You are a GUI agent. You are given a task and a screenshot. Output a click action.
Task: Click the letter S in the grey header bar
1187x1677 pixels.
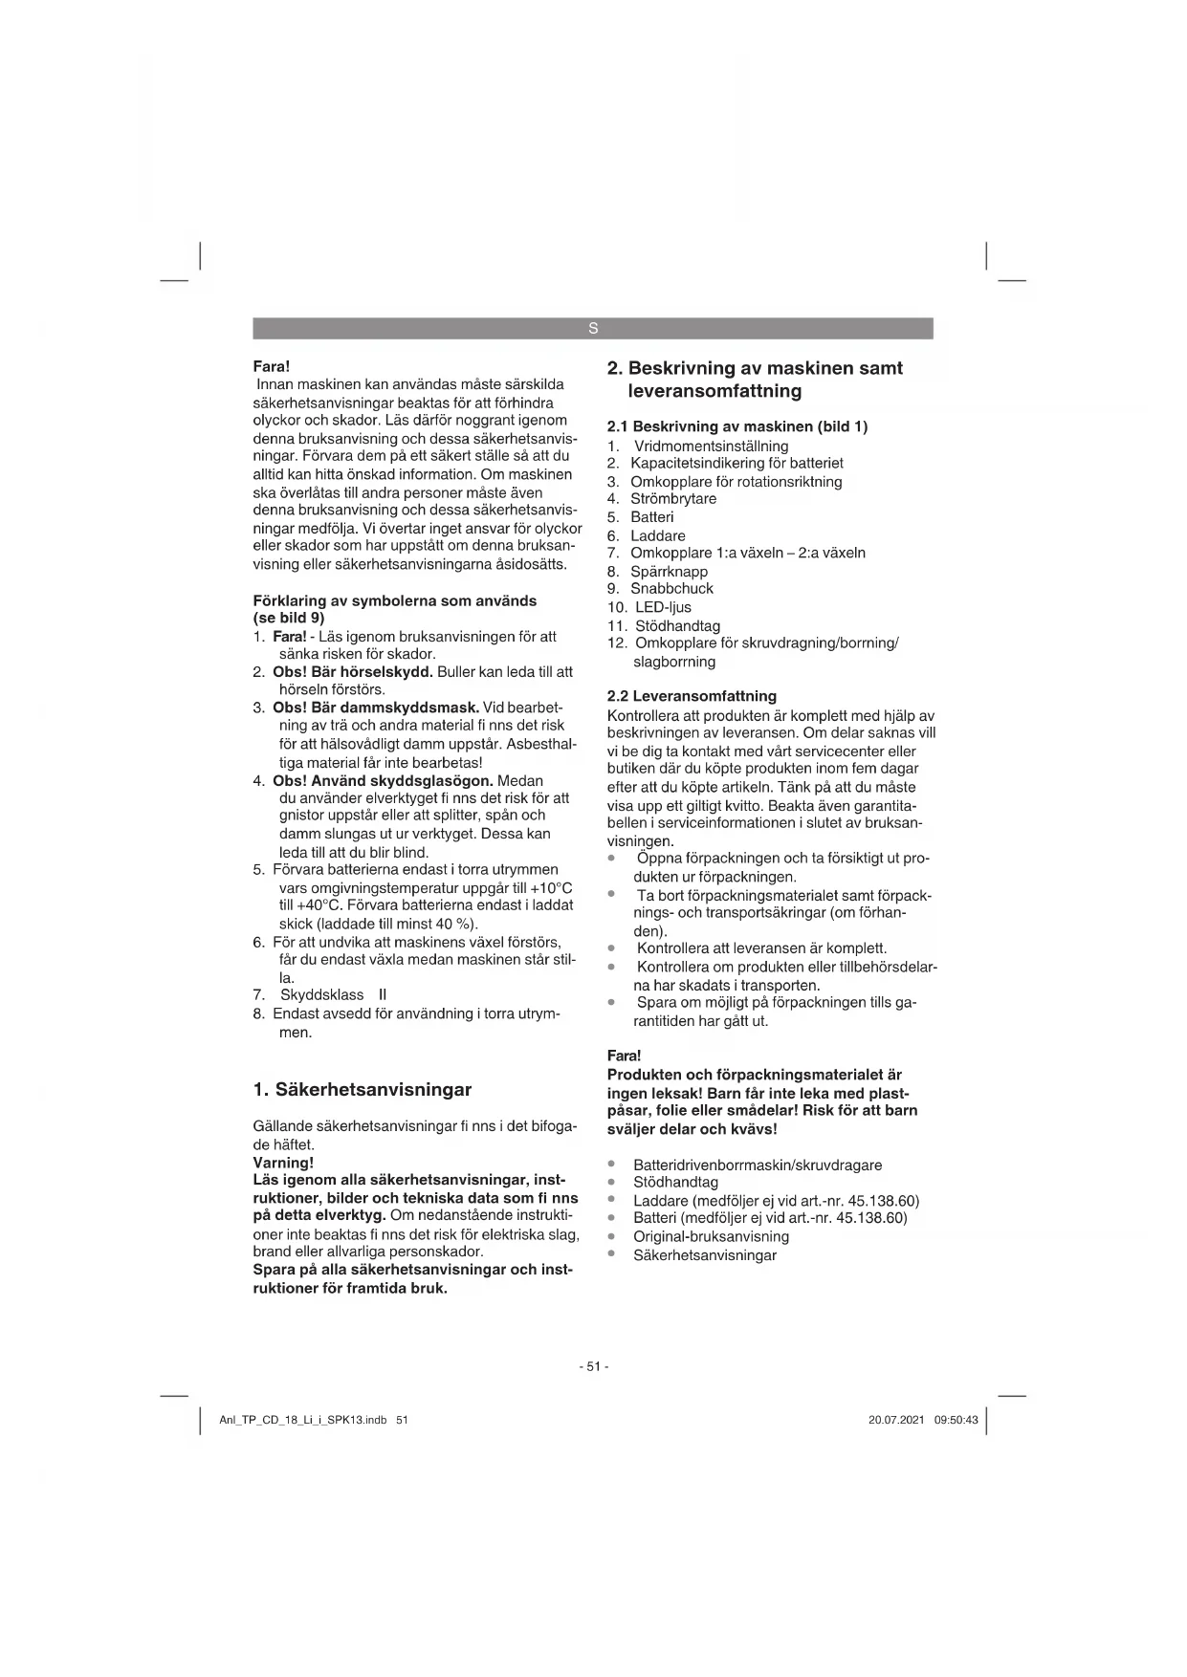pos(593,329)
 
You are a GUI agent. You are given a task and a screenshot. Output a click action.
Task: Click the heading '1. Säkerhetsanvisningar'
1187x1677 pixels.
pos(362,1090)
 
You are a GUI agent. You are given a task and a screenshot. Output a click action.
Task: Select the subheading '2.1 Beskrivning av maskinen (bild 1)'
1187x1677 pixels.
pos(737,426)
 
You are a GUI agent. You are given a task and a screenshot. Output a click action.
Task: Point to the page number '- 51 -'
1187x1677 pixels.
pos(593,1366)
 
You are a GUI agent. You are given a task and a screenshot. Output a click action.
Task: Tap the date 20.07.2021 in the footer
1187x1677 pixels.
pos(896,1420)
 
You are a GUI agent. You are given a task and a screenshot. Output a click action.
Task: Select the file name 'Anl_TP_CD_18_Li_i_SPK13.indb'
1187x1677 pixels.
pos(302,1420)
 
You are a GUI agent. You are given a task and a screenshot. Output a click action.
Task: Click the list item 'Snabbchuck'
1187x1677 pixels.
pos(671,589)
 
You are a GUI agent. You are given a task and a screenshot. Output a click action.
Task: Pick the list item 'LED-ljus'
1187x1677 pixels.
pos(661,607)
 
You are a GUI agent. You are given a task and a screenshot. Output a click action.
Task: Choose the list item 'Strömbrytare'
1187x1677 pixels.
pos(673,499)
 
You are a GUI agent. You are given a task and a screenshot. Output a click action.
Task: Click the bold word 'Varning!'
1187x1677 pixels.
pos(283,1163)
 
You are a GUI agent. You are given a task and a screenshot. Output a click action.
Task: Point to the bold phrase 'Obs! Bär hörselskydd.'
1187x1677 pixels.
pos(353,671)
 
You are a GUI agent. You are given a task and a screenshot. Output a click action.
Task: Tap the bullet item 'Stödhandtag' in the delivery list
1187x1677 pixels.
pos(675,1183)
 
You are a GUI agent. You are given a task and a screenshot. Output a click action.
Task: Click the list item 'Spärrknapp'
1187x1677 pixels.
pos(669,572)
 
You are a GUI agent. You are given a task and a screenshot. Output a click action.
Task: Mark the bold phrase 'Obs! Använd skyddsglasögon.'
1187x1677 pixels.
pos(383,780)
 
